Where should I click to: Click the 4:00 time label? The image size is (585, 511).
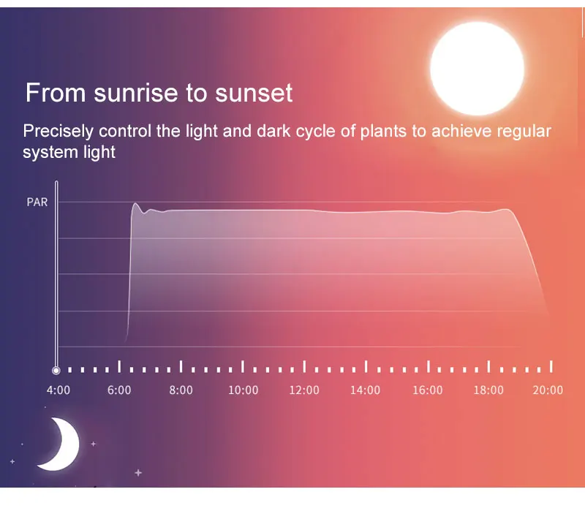coord(58,390)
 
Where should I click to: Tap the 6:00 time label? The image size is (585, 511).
coord(119,390)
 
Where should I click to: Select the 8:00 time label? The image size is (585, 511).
coord(181,390)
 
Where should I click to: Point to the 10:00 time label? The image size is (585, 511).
coord(244,390)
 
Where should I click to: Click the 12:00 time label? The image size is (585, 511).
coord(304,390)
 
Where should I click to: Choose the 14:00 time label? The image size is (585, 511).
coord(365,390)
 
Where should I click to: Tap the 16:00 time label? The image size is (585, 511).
coord(428,390)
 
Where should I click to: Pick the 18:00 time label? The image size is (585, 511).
coord(488,390)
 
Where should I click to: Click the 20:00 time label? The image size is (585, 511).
coord(548,390)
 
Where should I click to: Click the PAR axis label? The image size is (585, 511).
coord(37,202)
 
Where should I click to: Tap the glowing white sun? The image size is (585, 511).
coord(478,69)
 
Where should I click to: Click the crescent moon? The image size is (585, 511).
coord(61,444)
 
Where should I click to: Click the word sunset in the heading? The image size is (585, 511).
coord(254,94)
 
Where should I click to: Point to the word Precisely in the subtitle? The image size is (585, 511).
coord(58,132)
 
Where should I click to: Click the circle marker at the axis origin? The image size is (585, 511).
coord(56,371)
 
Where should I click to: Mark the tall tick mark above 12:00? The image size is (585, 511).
coord(304,366)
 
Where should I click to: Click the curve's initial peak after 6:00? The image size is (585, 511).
coord(135,204)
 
